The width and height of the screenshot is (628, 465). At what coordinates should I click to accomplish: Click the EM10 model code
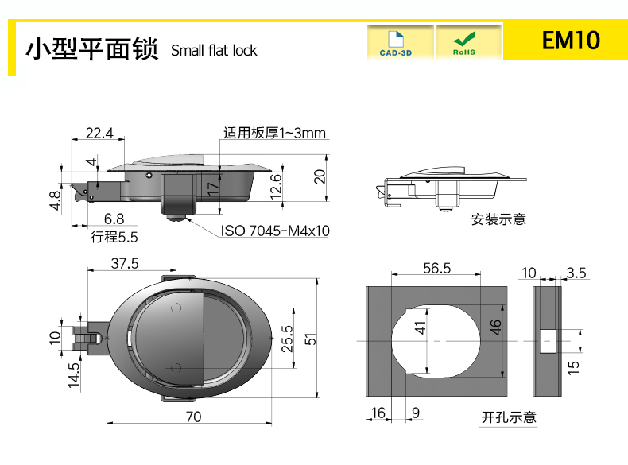click(x=571, y=40)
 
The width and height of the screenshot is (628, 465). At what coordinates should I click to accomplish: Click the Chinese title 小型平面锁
click(x=92, y=48)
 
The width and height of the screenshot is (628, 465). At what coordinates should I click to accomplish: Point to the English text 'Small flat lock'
click(x=214, y=50)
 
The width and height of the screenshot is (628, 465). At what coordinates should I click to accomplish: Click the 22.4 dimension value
click(x=99, y=133)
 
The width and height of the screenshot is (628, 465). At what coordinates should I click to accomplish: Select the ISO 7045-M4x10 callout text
click(x=275, y=231)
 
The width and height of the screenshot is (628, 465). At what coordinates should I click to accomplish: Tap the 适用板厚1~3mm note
click(x=274, y=133)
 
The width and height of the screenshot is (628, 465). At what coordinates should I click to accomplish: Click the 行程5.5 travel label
click(x=114, y=237)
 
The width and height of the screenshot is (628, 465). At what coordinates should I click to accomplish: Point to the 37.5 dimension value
click(x=125, y=264)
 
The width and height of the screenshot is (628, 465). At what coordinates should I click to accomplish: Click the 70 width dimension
click(x=193, y=417)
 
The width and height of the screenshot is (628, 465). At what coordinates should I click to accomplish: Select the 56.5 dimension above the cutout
click(x=436, y=268)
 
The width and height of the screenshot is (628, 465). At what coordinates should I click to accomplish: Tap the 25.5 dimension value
click(x=287, y=339)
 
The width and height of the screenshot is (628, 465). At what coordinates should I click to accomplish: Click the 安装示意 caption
click(x=498, y=219)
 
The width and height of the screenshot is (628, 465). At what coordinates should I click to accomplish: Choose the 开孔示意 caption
click(x=509, y=417)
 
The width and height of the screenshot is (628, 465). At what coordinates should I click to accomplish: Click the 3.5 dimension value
click(x=576, y=273)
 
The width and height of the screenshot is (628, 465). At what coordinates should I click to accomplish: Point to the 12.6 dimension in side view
click(x=276, y=187)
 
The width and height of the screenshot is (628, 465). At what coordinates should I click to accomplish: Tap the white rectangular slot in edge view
click(x=548, y=341)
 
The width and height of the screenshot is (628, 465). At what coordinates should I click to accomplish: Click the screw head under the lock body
click(x=175, y=218)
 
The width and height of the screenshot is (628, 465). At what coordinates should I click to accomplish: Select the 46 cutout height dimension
click(x=495, y=327)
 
